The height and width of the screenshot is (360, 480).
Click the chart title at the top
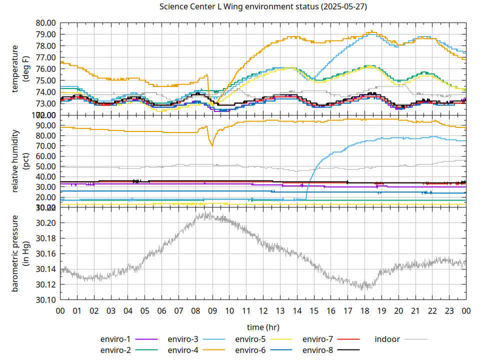pos(262,6)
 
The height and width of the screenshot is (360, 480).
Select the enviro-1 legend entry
pos(115,339)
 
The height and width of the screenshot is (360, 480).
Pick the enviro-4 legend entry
pos(183,350)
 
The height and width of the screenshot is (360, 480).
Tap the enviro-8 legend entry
pos(318,350)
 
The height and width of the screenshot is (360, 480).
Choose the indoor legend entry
pos(387,339)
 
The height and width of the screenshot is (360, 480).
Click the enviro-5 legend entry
pos(250,339)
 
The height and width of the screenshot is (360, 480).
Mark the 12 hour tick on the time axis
pos(263,310)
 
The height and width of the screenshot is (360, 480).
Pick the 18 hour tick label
pos(364,310)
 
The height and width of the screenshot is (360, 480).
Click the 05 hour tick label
pos(145,310)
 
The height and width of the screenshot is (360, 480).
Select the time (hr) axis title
pos(263,327)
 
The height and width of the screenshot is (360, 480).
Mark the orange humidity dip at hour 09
pos(212,145)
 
